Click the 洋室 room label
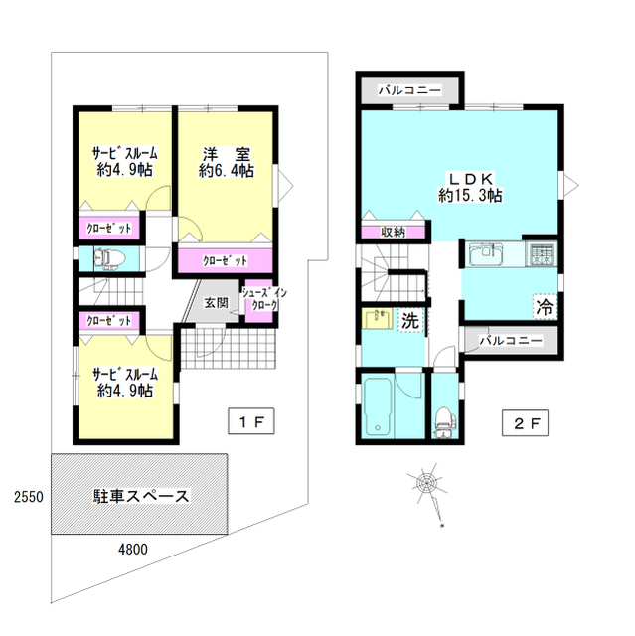pos(226,162)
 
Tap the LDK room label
pos(469,186)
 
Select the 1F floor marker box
pos(250,422)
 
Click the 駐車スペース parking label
pos(140,496)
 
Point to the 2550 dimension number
pos(26,496)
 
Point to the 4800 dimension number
pos(133,548)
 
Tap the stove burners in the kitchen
pos(543,253)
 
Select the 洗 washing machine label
pos(408,320)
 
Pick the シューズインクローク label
pos(265,298)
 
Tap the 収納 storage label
pos(393,232)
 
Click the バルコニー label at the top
pos(408,89)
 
